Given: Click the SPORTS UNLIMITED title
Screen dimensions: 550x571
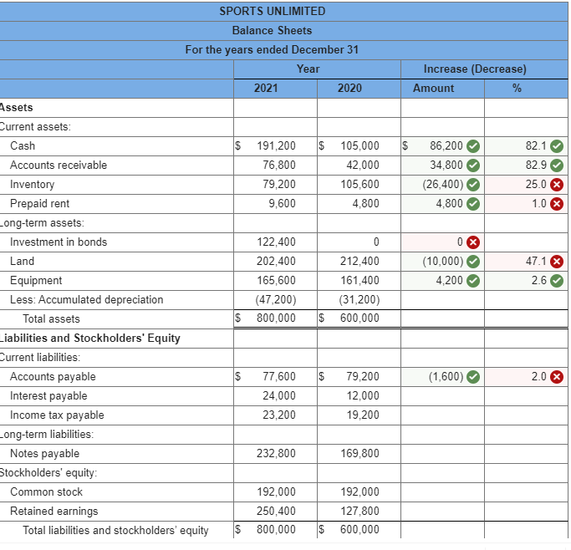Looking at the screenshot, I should (272, 11).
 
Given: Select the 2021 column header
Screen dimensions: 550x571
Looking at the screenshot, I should (266, 88).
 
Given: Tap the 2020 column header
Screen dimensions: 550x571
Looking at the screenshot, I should (349, 88).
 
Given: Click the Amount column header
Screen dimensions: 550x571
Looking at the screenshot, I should (434, 88).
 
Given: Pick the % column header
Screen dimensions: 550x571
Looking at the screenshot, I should (517, 88).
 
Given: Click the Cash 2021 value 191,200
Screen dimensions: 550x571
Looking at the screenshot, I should (276, 145).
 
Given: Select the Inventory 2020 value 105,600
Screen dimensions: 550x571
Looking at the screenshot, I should (360, 184).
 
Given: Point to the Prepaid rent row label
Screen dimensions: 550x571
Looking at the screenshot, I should (39, 203).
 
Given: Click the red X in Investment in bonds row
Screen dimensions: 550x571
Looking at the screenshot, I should (472, 242).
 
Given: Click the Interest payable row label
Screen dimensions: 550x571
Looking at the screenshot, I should (48, 395).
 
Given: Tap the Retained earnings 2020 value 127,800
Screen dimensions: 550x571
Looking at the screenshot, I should (360, 511).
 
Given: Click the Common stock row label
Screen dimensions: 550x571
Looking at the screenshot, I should (46, 491).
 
